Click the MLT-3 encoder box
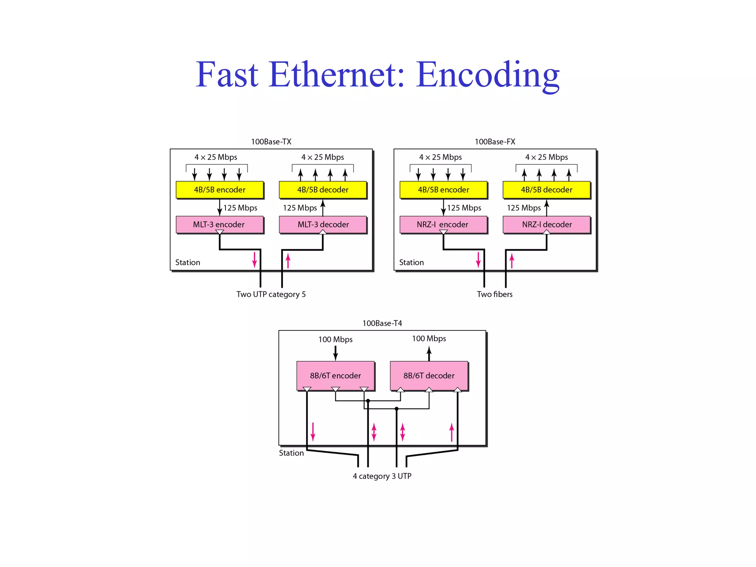click(x=219, y=224)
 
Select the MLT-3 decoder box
click(x=323, y=224)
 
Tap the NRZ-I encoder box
click(x=443, y=224)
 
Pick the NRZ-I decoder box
click(x=547, y=224)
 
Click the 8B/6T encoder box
click(x=335, y=375)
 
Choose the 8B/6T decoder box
click(x=429, y=375)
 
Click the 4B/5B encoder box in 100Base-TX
click(x=220, y=190)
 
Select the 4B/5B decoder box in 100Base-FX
click(x=546, y=190)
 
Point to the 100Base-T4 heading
click(x=382, y=323)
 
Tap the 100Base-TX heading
click(x=271, y=142)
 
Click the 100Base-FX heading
click(x=495, y=142)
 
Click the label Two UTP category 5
click(x=271, y=294)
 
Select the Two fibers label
click(x=495, y=294)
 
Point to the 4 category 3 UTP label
click(x=382, y=476)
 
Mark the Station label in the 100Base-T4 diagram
click(x=291, y=453)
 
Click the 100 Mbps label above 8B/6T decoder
click(x=429, y=339)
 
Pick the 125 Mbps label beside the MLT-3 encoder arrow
click(x=240, y=208)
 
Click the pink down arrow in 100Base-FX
click(x=478, y=260)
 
